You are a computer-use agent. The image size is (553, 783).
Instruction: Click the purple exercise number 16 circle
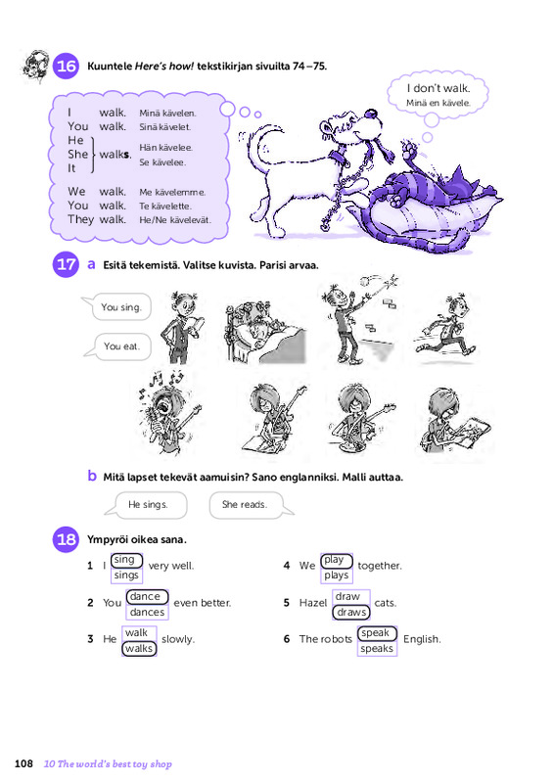(x=66, y=66)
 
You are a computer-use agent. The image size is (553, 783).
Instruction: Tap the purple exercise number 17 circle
(x=66, y=264)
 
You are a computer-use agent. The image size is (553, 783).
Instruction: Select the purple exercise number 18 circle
(x=66, y=539)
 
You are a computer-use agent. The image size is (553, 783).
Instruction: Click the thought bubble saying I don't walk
(x=438, y=95)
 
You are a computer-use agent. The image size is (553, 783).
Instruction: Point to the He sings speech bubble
(x=147, y=505)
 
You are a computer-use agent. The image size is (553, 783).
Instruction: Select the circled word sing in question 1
(x=127, y=560)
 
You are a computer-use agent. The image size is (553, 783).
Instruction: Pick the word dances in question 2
(x=147, y=613)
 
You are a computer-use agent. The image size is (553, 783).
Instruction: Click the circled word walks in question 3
(x=139, y=649)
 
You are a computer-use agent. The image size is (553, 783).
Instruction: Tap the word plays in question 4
(x=336, y=576)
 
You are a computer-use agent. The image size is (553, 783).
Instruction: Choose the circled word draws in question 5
(x=351, y=613)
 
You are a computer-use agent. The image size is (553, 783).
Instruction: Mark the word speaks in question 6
(x=377, y=649)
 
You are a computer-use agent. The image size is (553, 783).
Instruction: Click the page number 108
(x=23, y=763)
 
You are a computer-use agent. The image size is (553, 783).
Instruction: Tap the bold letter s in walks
(x=127, y=155)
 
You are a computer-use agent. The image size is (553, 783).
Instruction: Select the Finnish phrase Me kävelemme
(x=172, y=192)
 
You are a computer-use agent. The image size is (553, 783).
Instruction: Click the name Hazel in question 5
(x=313, y=603)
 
